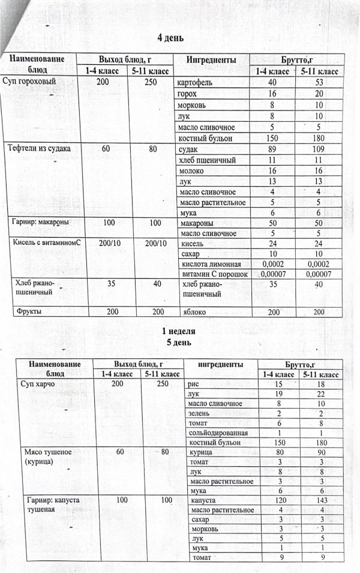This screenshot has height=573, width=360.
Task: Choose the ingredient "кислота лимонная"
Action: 210,265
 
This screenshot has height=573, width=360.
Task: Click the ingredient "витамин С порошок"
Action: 214,275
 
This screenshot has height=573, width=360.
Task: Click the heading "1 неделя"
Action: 179,331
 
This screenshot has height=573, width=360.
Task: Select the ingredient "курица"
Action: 202,452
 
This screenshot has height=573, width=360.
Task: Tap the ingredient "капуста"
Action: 204,499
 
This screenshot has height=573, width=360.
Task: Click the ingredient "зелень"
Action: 200,413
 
